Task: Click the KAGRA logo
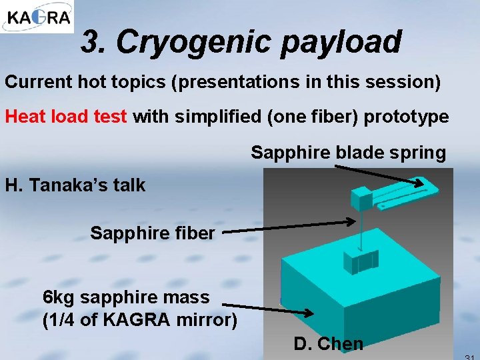click(x=37, y=17)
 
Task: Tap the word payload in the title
click(x=341, y=42)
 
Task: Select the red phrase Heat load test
click(x=66, y=117)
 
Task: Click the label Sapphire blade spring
click(x=348, y=153)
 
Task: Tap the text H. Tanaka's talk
click(x=75, y=185)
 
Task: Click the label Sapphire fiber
click(x=152, y=233)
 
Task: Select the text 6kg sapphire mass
click(x=125, y=297)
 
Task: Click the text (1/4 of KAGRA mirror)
click(x=139, y=320)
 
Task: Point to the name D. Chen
click(x=328, y=344)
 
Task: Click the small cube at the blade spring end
click(x=363, y=198)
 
